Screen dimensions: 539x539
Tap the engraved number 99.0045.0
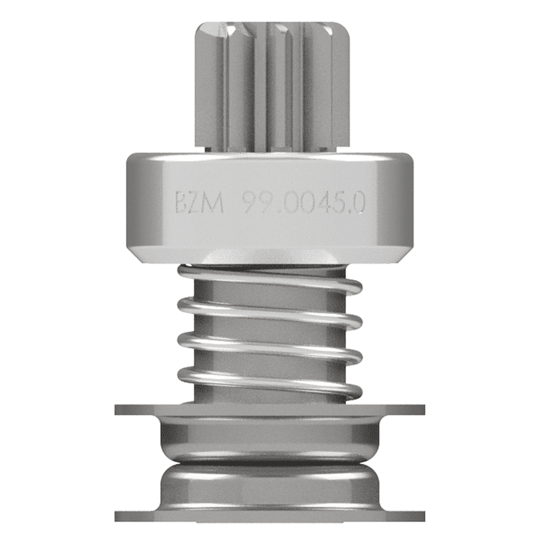click(x=303, y=205)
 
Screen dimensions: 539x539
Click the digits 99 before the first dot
click(x=255, y=205)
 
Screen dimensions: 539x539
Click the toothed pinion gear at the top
click(x=269, y=85)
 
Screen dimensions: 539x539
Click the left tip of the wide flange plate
click(x=120, y=410)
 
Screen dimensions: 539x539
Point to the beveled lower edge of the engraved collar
click(x=269, y=255)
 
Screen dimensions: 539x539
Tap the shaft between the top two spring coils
click(x=269, y=293)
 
